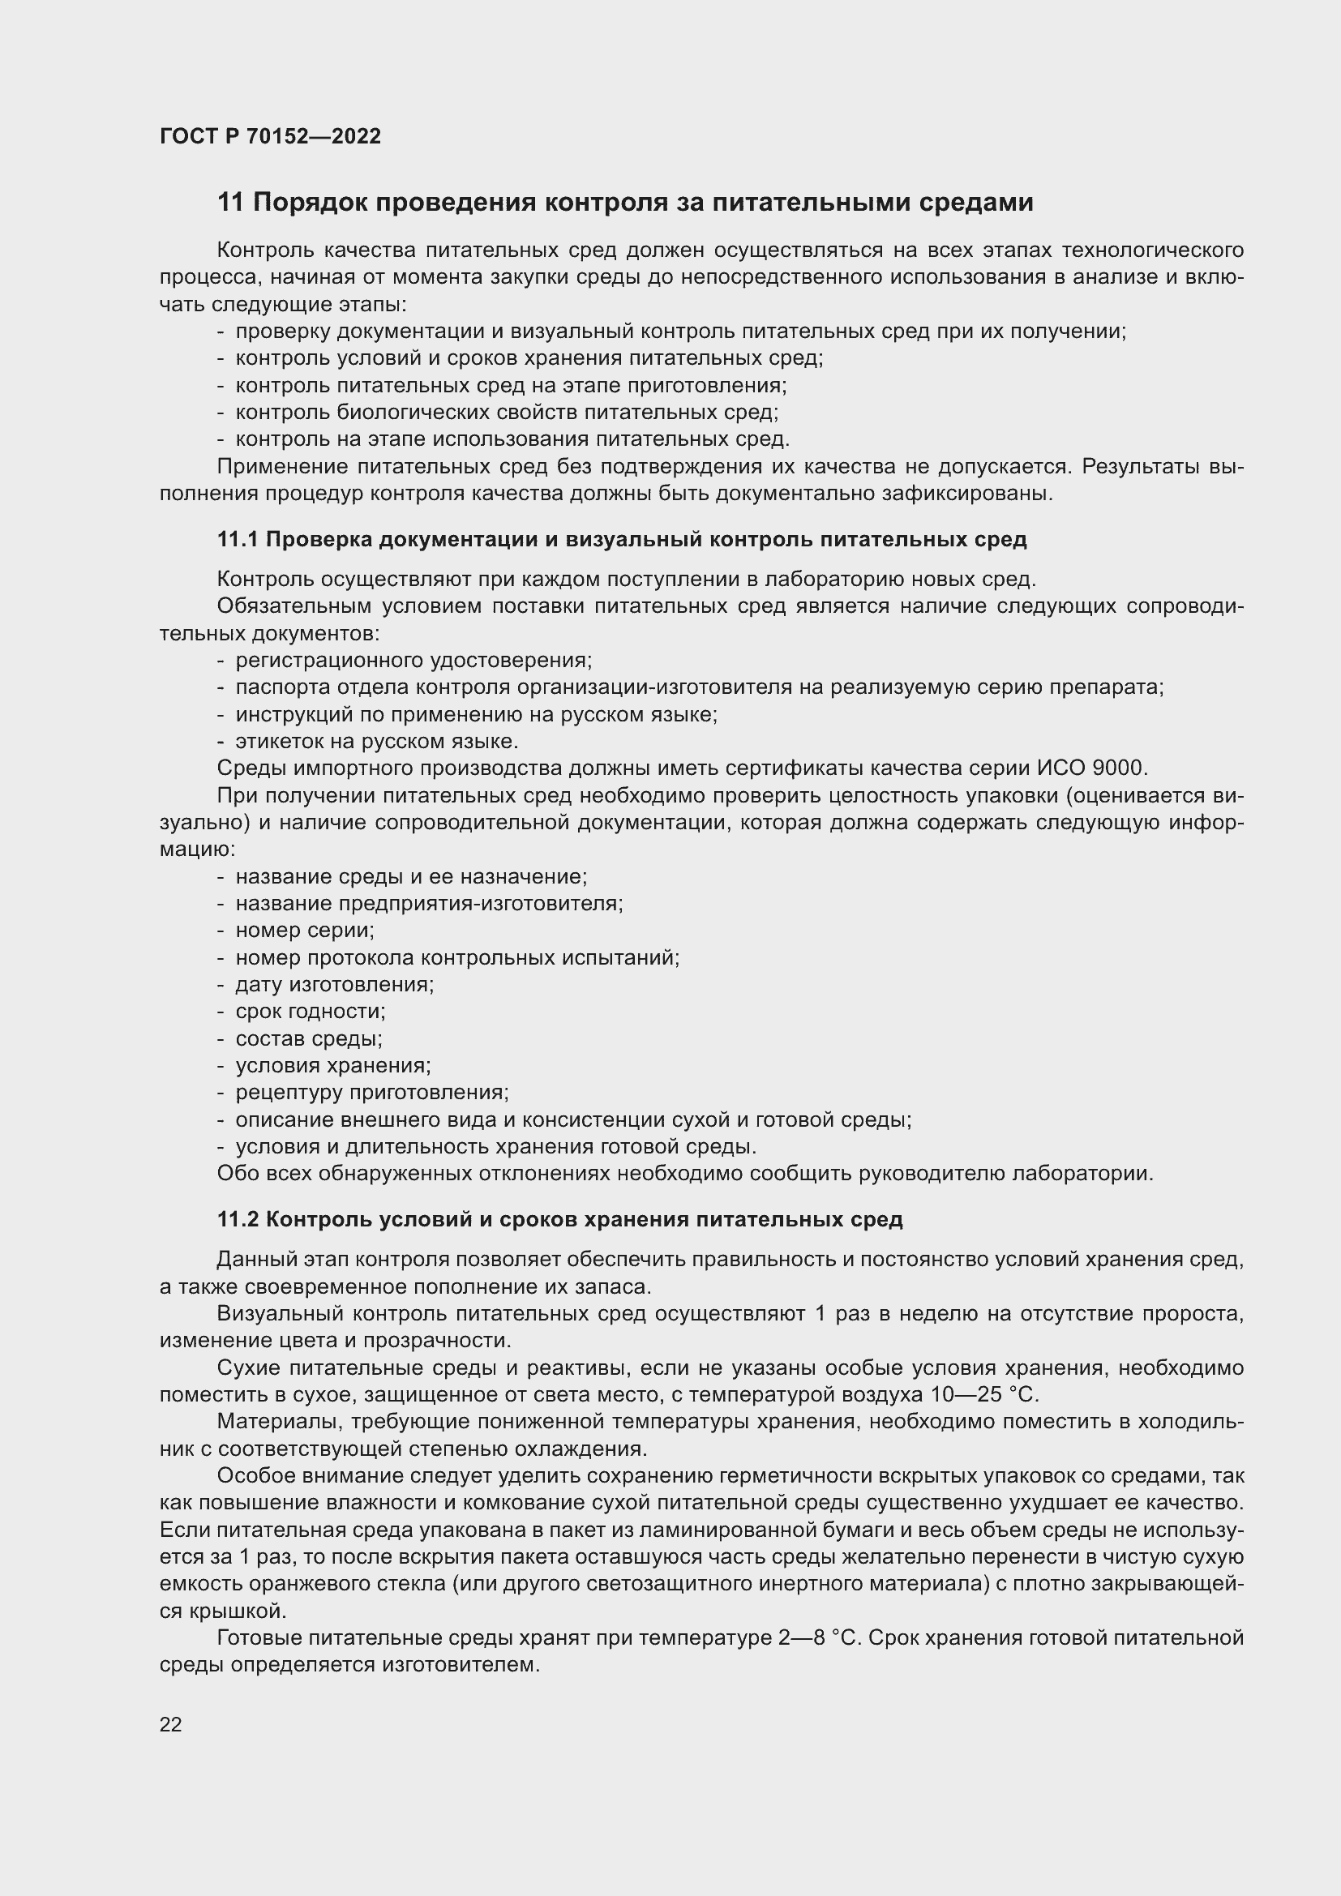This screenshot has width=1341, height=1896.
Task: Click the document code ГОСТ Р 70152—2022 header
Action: point(270,137)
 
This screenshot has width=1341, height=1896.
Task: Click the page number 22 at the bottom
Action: point(171,1724)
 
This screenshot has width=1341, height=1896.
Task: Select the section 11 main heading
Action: point(624,203)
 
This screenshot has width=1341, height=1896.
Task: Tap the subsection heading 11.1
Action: point(621,540)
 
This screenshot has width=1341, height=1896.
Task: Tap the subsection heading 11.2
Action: point(559,1220)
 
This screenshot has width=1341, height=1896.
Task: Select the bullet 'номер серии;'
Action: point(305,931)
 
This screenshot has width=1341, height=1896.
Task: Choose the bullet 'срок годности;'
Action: point(311,1012)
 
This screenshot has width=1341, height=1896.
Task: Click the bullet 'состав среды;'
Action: point(309,1039)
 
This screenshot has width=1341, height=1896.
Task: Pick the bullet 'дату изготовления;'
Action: point(334,984)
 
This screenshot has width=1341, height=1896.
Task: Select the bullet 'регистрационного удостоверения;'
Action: point(413,661)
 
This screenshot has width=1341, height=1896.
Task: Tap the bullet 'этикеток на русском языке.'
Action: point(376,742)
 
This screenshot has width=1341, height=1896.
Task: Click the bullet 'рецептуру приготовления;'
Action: point(371,1093)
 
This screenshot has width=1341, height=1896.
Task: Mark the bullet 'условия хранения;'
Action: point(332,1066)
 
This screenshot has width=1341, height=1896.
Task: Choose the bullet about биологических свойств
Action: point(506,412)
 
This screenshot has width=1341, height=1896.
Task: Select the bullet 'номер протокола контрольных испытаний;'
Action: point(456,958)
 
